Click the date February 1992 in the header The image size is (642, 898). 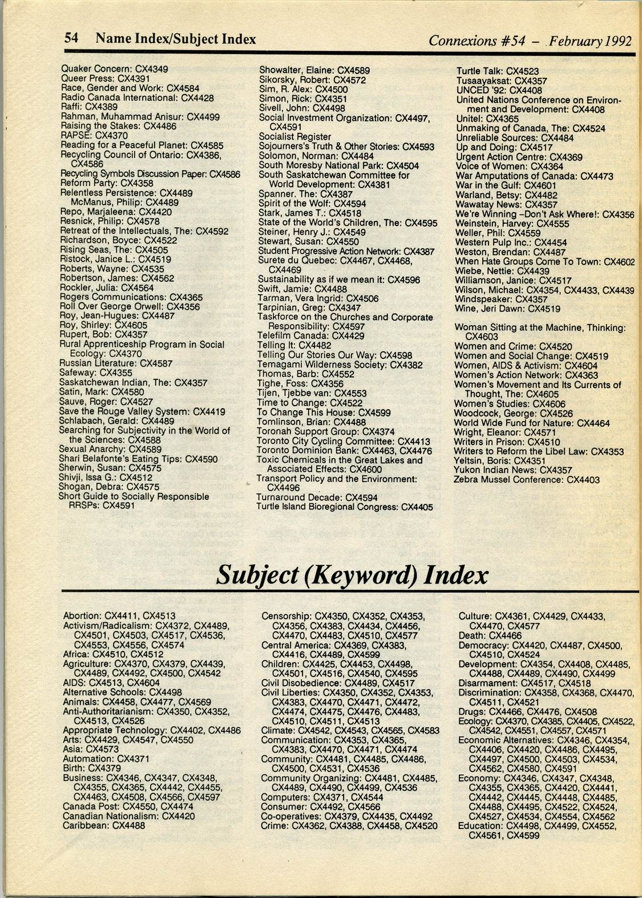(593, 41)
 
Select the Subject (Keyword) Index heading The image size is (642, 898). (352, 575)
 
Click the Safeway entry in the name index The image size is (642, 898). (96, 373)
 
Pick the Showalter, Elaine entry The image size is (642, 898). (314, 71)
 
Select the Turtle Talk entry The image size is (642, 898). (497, 71)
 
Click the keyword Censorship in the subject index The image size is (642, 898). (286, 616)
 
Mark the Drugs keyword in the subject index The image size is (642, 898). (472, 712)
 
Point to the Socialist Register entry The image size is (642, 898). (294, 137)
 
